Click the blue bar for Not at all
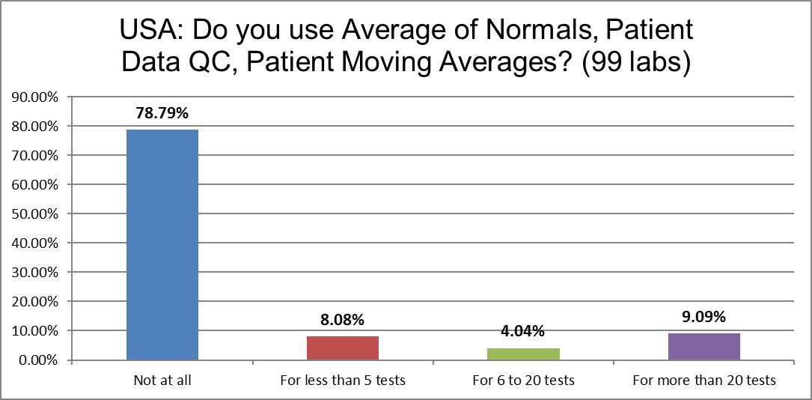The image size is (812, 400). click(162, 245)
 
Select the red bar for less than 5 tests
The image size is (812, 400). click(343, 348)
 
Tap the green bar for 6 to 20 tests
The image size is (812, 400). click(523, 354)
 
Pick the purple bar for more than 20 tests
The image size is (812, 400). click(703, 347)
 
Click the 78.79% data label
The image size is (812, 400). click(162, 114)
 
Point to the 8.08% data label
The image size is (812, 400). click(343, 320)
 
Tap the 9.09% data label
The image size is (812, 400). click(703, 317)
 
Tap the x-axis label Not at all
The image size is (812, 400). click(162, 381)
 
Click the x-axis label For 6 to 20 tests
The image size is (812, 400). click(523, 381)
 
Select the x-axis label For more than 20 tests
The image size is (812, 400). click(703, 381)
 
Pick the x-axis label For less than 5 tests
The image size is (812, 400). click(343, 381)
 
